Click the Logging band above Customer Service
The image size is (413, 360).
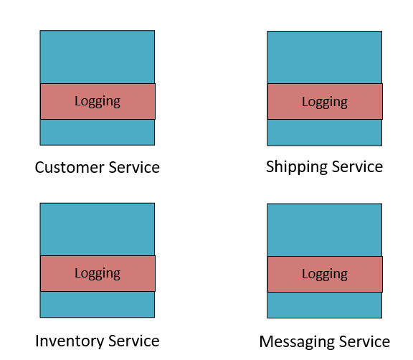[x=98, y=101]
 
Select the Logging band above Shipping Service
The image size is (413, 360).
[x=325, y=101]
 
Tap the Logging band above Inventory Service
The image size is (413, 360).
[x=98, y=274]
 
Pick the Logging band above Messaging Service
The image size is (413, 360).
[x=325, y=274]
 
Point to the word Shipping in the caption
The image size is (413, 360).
[x=297, y=168]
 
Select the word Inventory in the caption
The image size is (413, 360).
[x=70, y=341]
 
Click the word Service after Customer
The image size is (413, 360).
[x=134, y=168]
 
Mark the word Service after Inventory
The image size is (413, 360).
[x=134, y=341]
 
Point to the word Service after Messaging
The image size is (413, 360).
[x=364, y=341]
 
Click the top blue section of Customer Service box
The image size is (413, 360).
[x=98, y=57]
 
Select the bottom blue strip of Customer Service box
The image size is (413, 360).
[x=98, y=132]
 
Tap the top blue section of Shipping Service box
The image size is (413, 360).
[x=325, y=57]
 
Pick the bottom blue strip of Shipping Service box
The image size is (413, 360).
[x=325, y=133]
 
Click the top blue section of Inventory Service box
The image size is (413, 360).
[x=98, y=229]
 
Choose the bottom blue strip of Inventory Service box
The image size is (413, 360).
[x=98, y=305]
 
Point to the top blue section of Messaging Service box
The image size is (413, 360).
[x=325, y=229]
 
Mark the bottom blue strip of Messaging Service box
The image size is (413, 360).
[x=325, y=305]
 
